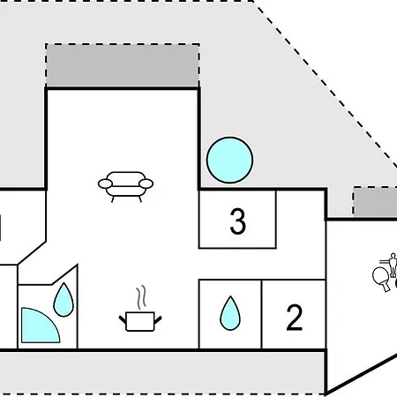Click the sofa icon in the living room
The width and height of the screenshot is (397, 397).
tap(125, 187)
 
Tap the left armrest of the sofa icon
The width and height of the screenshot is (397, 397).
tap(105, 184)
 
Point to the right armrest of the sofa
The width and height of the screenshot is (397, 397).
tap(146, 184)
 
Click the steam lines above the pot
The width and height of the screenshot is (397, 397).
tap(141, 297)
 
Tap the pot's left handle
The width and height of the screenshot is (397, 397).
tap(123, 319)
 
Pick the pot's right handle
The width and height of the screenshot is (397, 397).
tap(158, 319)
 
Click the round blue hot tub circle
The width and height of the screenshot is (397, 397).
tap(229, 160)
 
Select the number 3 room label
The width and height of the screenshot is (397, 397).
tap(237, 221)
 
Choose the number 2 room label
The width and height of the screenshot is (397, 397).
tap(294, 318)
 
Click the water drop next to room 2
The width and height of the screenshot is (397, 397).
tap(230, 313)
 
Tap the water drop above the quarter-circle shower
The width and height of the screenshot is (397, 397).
tap(64, 300)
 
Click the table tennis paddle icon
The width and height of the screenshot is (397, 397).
tap(381, 279)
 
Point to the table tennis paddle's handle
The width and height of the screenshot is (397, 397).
tap(387, 287)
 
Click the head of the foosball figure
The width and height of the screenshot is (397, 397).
tap(393, 255)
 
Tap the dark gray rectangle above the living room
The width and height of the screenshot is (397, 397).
tap(123, 65)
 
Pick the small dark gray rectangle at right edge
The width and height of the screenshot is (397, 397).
tap(375, 200)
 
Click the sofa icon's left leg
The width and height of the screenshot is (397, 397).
tap(113, 199)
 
